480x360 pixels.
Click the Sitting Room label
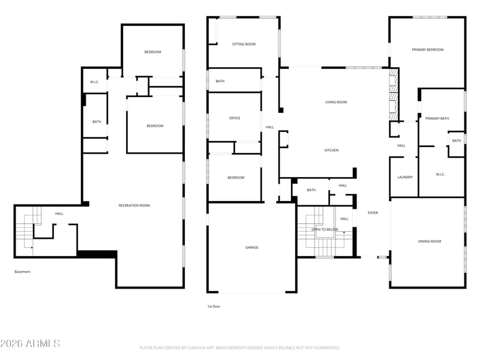(244, 44)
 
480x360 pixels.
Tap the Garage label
(251, 247)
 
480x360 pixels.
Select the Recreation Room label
(134, 205)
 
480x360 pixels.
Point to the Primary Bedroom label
(427, 50)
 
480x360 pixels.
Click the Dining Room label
(430, 241)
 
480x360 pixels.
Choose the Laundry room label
(405, 177)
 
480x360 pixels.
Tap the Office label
(235, 118)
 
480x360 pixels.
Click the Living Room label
(336, 102)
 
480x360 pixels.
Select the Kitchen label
(331, 151)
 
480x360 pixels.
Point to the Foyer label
(373, 213)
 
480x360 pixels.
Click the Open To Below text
(325, 229)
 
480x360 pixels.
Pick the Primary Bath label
(437, 118)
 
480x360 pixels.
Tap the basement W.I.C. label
(94, 82)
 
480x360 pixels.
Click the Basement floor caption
(22, 272)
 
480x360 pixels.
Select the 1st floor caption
(214, 307)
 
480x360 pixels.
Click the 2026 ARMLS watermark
(30, 343)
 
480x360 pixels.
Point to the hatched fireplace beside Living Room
(394, 94)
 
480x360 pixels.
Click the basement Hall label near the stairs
(59, 214)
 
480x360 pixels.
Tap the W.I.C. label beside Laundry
(440, 175)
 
